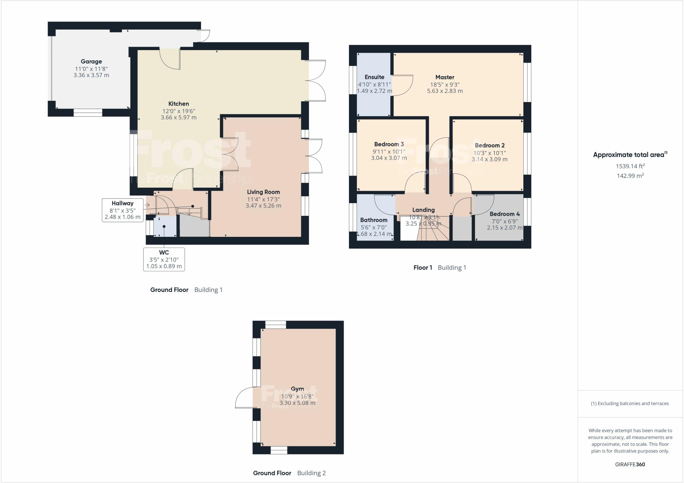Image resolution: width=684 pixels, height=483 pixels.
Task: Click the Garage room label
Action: (91, 61)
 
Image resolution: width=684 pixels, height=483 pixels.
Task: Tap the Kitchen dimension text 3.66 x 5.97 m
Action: (178, 118)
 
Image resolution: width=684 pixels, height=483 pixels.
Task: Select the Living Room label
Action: (263, 192)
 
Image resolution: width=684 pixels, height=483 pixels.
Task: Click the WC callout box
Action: (164, 259)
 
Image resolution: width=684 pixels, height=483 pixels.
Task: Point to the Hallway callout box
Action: (123, 210)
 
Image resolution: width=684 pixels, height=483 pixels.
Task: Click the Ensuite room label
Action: (374, 77)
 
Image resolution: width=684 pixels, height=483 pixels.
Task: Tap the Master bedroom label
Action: (445, 77)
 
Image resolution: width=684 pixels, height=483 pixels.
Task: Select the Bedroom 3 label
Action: (389, 144)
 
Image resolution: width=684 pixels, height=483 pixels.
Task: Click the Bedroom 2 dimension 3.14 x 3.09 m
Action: (489, 160)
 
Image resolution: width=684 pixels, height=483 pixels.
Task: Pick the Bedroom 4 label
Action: (504, 214)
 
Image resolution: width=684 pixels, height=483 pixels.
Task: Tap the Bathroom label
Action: (374, 220)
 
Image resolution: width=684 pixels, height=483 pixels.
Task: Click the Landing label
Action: (423, 210)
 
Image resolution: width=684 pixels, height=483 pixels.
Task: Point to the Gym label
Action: (297, 389)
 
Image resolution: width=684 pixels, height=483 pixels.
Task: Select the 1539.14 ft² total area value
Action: (630, 166)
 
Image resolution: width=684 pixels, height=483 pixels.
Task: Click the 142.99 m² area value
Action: (630, 176)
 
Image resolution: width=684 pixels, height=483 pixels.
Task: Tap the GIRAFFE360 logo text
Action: (630, 464)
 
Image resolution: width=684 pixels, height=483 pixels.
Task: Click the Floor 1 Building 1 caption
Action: (440, 268)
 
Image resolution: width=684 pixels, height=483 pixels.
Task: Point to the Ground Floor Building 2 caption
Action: (289, 473)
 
